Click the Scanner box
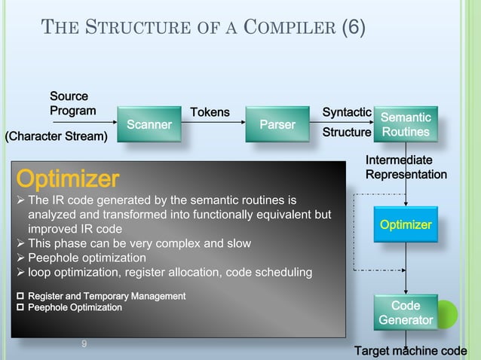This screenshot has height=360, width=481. coord(149,124)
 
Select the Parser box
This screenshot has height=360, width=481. coord(277,124)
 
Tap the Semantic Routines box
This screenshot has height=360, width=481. coord(406,125)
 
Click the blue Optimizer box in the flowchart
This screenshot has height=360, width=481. coord(406,225)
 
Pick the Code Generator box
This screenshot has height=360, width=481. coord(406,313)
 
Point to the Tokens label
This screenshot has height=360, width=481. coord(210,112)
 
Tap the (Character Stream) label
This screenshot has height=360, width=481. coord(57,136)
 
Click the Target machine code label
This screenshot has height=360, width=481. coord(411,352)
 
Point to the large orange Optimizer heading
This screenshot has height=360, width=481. coord(68,179)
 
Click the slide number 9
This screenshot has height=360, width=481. coord(84,344)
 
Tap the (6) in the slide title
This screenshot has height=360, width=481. coord(354,29)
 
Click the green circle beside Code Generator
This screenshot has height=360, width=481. coord(446,313)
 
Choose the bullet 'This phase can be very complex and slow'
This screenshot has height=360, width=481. coord(139,243)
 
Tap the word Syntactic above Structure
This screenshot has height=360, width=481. coord(346,112)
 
